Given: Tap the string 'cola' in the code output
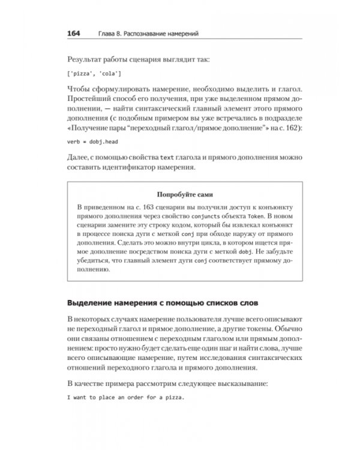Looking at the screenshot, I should coord(112,74).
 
